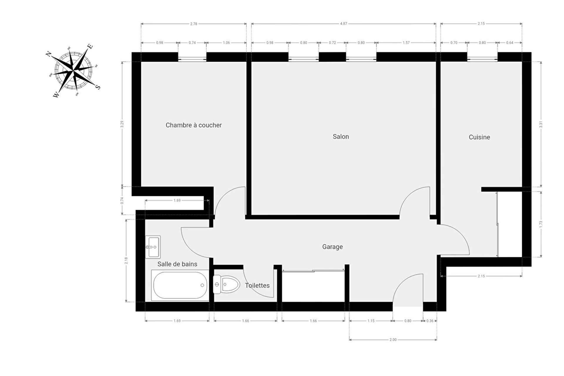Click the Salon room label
(341, 137)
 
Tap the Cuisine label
(479, 137)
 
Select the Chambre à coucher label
(194, 125)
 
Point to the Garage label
(332, 247)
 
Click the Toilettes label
(257, 286)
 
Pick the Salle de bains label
(177, 264)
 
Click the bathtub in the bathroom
(180, 285)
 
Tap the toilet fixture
(226, 284)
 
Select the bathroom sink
(153, 247)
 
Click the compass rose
(73, 70)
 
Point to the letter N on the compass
(48, 54)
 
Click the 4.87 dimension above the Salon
(343, 23)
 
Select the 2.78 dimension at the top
(194, 24)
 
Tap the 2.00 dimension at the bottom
(393, 340)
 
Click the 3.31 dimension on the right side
(541, 124)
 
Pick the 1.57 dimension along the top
(406, 43)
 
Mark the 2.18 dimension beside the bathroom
(126, 261)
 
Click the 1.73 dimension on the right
(541, 224)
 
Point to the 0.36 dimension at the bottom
(430, 321)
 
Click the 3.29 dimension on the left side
(122, 124)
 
